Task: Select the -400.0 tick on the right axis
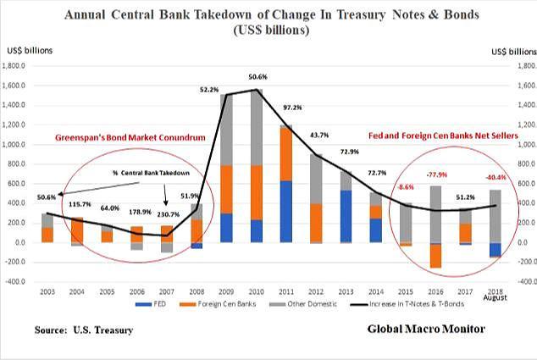525,281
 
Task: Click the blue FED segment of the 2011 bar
286,212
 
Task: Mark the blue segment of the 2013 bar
344,216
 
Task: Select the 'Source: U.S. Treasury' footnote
80,327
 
